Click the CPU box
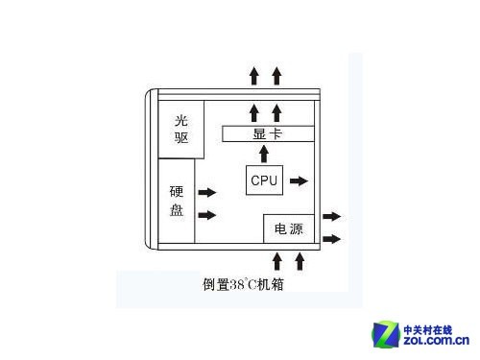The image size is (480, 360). click(263, 180)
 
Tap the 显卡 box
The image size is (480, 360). click(267, 133)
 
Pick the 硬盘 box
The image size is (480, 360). click(177, 201)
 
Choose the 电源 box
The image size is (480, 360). click(288, 228)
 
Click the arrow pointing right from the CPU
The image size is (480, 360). click(300, 180)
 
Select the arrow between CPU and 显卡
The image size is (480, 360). click(265, 154)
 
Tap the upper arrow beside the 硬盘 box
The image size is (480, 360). click(206, 193)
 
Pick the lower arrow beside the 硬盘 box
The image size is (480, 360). click(206, 214)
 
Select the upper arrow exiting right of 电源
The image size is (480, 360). click(331, 217)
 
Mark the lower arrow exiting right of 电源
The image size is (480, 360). click(331, 238)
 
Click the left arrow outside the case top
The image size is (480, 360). click(254, 75)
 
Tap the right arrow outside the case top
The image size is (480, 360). click(276, 75)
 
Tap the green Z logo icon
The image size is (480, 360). click(388, 332)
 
